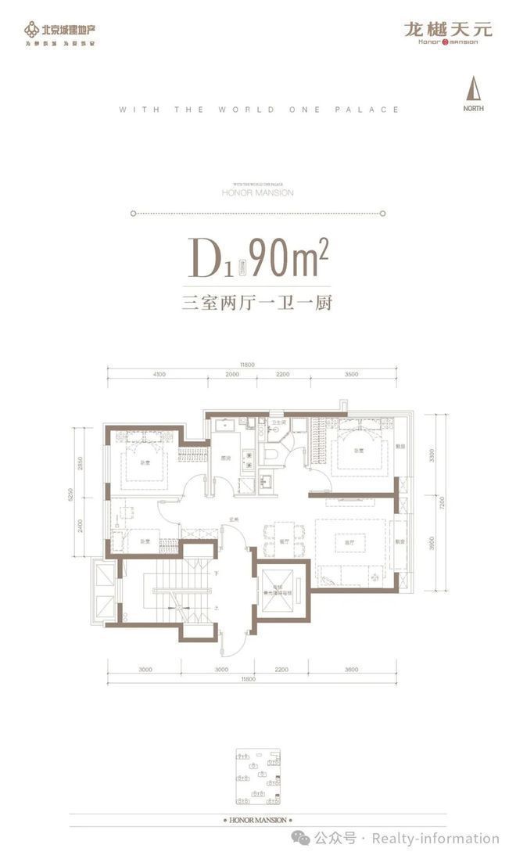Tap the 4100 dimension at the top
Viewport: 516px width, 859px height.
tap(159, 375)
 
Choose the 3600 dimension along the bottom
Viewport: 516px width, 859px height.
tap(351, 669)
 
